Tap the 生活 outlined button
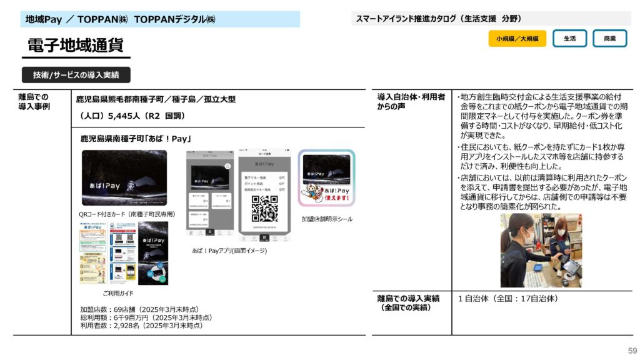pos(569,39)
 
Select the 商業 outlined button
pos(609,39)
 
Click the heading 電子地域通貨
pos(75,45)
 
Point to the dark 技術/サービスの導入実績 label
pos(76,75)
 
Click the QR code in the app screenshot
pos(264,209)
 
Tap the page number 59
pos(632,351)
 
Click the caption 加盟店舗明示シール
pos(327,219)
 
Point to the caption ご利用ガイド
pos(118,293)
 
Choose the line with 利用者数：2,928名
pos(141,326)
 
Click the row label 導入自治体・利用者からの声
pos(411,102)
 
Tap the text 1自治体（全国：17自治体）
pos(507,299)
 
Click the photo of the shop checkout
pos(541,250)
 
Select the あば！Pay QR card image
pos(124,177)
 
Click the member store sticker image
pos(326,179)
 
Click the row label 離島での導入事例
pos(34,102)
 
